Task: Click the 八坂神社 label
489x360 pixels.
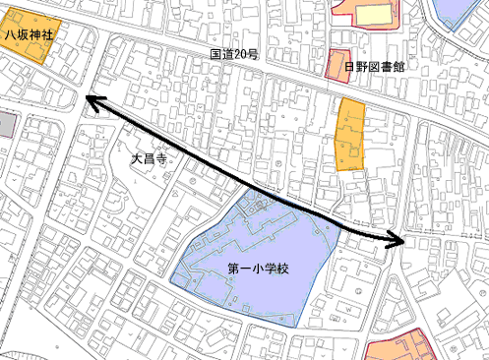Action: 27,33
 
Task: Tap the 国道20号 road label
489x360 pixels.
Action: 233,55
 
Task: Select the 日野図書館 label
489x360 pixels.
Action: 375,67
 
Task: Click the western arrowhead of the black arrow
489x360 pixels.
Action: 90,99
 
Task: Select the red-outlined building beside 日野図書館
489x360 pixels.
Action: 338,62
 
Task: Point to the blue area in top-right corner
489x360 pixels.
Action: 456,10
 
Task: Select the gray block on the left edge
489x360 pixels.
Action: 6,124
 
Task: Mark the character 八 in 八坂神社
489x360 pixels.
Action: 8,33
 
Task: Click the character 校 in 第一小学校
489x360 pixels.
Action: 278,269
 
